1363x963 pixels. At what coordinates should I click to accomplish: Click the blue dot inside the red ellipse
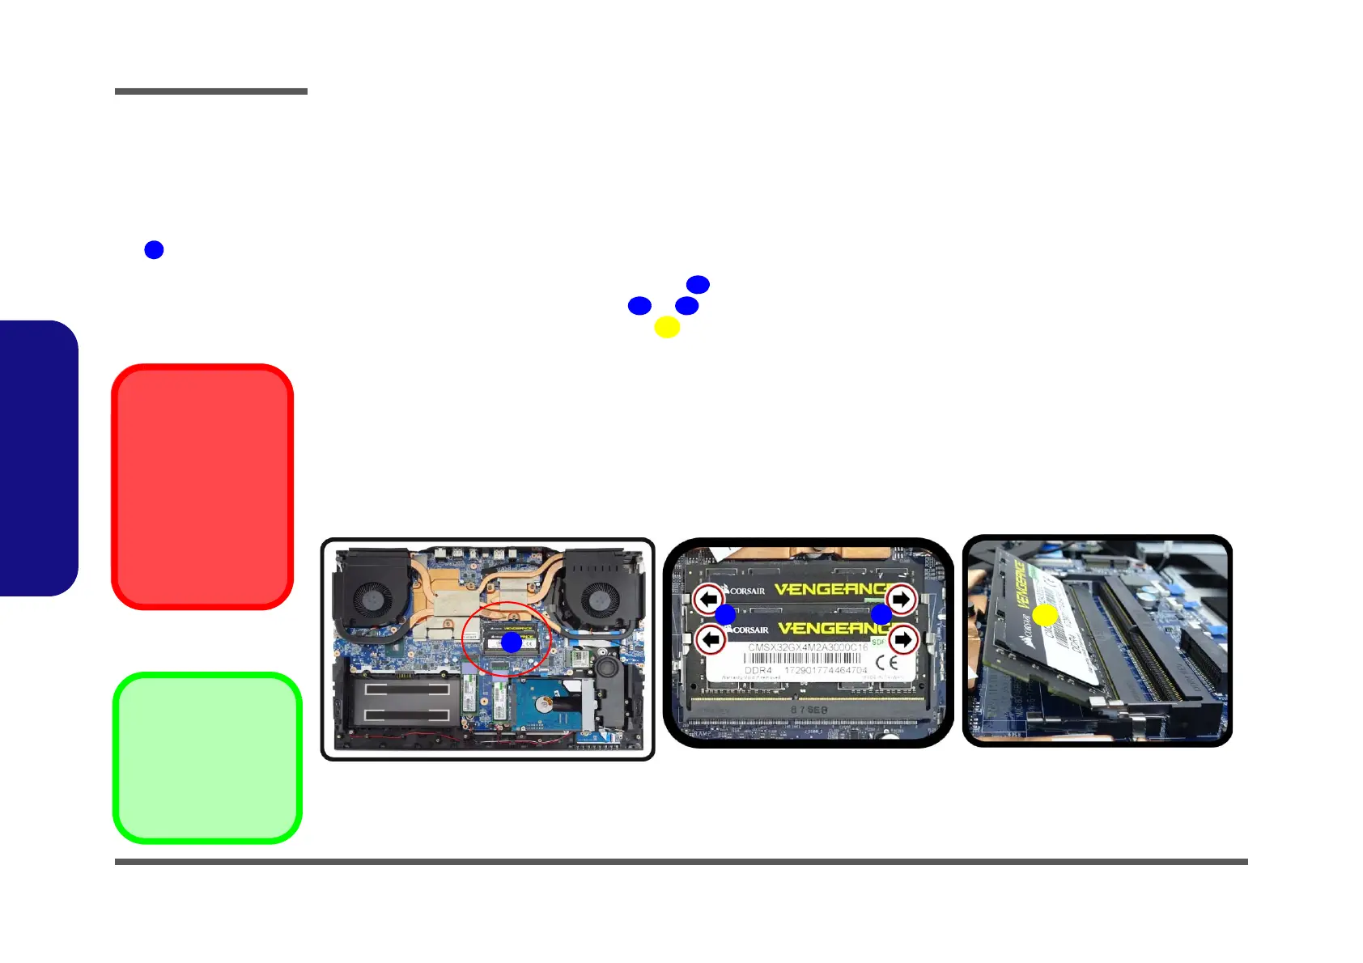[512, 643]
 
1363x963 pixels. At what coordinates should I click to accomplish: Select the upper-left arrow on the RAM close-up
[709, 600]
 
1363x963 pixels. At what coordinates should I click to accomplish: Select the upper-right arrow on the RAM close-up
[901, 600]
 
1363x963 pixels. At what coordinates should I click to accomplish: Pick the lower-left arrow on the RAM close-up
[711, 640]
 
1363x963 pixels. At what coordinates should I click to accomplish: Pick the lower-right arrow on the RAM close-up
[902, 640]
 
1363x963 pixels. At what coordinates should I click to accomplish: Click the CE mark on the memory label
[887, 662]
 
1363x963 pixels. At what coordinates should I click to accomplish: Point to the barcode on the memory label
[801, 659]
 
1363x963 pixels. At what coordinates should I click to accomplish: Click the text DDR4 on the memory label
[758, 671]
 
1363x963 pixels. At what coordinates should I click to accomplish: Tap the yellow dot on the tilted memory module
[1045, 615]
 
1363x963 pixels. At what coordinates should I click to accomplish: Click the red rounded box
[202, 486]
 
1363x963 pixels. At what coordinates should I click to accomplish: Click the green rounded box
[207, 758]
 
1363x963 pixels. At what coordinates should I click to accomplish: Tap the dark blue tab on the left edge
[38, 458]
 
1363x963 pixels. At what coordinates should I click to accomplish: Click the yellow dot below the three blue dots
[667, 327]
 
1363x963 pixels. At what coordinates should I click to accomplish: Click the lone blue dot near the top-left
[154, 250]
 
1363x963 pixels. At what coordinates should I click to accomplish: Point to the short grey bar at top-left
[211, 91]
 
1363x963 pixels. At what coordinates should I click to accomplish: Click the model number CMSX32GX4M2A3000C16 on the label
[807, 647]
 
